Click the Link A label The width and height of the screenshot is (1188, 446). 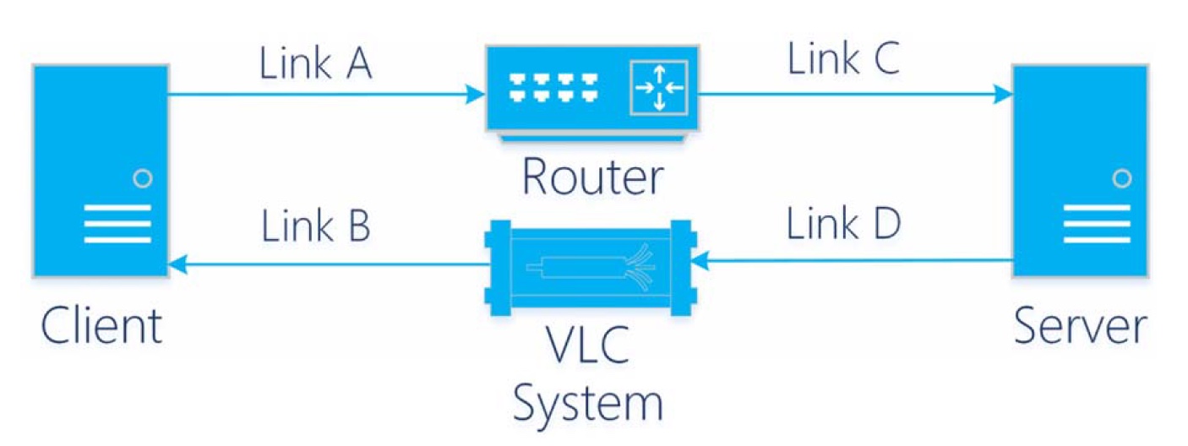point(315,65)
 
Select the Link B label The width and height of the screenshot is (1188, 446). point(315,227)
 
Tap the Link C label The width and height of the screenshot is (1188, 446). point(843,60)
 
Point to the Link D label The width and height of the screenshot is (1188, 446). point(843,224)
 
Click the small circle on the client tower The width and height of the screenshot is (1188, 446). point(143,178)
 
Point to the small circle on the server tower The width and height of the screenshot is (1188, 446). point(1121,178)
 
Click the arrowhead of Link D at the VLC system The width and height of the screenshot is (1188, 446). point(705,263)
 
